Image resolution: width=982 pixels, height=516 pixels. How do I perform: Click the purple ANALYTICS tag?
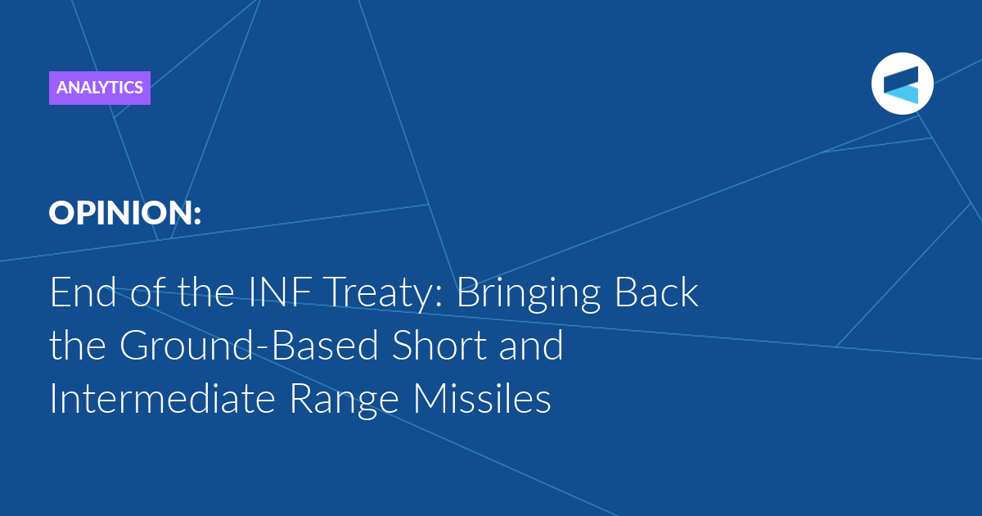(x=100, y=88)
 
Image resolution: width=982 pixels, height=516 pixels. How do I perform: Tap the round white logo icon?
(x=902, y=84)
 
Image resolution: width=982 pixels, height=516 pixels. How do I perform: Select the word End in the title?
(x=83, y=292)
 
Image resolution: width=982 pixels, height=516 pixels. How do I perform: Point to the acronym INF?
(x=281, y=292)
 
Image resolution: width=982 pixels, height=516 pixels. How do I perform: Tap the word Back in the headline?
(x=656, y=292)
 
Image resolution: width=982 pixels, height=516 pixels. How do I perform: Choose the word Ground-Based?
(x=249, y=345)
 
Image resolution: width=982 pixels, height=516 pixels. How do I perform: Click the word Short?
(x=439, y=345)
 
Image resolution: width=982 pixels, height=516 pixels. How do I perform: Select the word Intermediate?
(x=163, y=398)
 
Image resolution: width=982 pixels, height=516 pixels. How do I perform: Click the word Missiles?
(x=482, y=398)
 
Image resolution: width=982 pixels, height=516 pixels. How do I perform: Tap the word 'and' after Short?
(x=531, y=345)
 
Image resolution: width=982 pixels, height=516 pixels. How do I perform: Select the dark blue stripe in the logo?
(x=901, y=79)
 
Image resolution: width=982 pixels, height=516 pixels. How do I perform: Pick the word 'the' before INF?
(x=205, y=292)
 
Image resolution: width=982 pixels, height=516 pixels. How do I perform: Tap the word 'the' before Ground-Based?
(x=77, y=345)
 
